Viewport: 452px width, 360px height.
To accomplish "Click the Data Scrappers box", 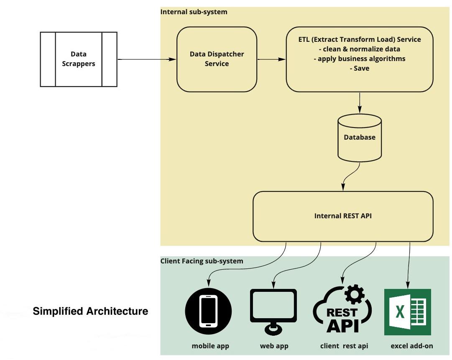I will [x=79, y=59].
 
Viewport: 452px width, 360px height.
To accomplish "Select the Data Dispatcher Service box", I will [x=217, y=59].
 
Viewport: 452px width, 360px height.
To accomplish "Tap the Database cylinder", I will [x=360, y=138].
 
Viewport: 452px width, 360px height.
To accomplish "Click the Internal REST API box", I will [x=343, y=216].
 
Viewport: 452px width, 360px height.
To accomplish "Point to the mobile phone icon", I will [x=208, y=311].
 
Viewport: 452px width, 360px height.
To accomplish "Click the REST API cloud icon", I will [x=342, y=314].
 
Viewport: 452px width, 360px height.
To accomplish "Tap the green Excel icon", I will [x=407, y=311].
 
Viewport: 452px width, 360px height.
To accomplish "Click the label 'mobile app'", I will [x=210, y=346].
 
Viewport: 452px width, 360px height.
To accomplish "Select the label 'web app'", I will [x=274, y=346].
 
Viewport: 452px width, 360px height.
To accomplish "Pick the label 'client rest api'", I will [x=344, y=346].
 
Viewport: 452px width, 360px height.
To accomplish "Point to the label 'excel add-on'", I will [x=412, y=346].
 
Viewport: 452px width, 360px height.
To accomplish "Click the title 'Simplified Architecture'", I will [x=90, y=311].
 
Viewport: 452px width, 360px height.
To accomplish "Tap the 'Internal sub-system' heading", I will [x=194, y=12].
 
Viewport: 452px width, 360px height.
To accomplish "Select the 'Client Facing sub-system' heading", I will [x=202, y=261].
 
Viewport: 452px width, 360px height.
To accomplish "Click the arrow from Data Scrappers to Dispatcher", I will [x=146, y=59].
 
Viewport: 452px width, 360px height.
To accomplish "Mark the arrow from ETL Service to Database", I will [x=360, y=102].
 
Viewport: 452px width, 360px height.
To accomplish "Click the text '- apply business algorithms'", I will [x=360, y=59].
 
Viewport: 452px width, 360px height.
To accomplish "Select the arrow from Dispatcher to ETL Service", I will [x=271, y=59].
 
